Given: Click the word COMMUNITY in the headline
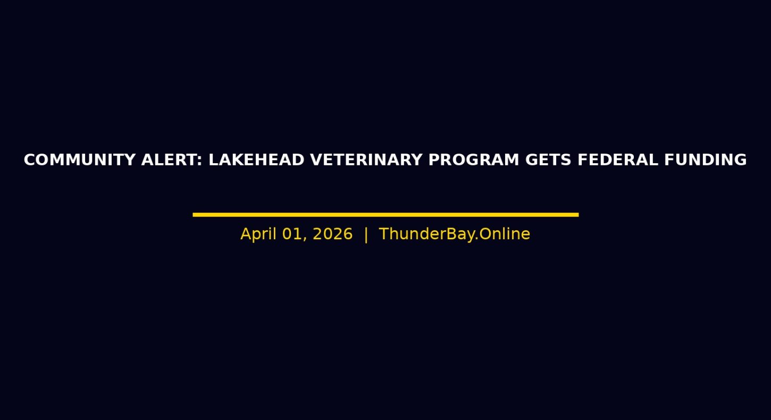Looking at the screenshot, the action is [80, 159].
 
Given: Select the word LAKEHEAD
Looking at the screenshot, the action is [256, 159].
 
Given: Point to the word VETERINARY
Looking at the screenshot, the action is [366, 159].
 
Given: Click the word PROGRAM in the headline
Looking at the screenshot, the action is [474, 159].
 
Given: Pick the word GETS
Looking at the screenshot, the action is [548, 159].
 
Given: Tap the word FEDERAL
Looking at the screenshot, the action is [618, 159].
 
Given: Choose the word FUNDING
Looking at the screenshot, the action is [706, 159].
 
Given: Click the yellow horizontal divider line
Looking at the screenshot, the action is [385, 215].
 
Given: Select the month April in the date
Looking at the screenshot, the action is [258, 234].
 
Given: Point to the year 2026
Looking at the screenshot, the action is [332, 234].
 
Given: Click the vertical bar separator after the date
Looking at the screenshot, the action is [366, 235].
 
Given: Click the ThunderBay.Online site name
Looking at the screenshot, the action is [454, 234].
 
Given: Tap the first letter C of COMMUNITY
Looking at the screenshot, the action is [29, 159].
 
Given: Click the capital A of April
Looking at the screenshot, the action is [246, 234].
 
